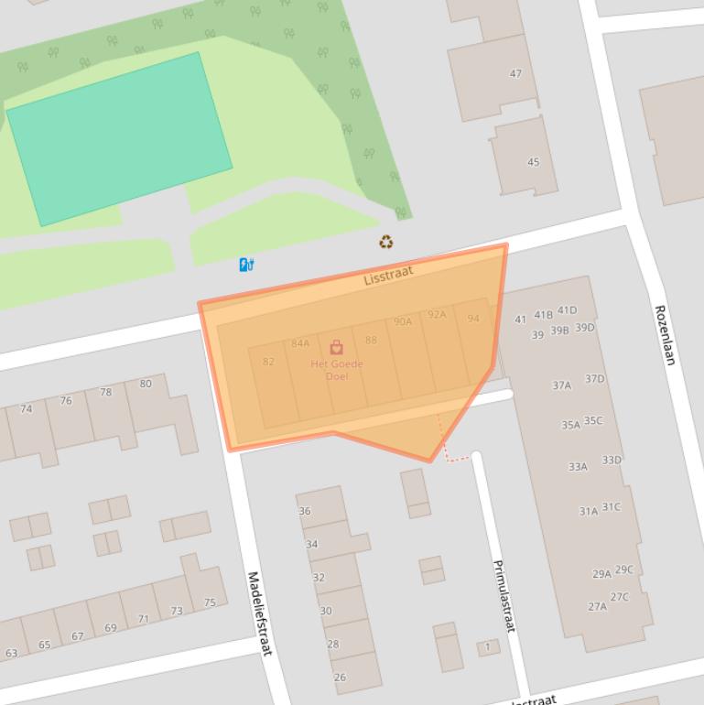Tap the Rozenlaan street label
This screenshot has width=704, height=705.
point(665,335)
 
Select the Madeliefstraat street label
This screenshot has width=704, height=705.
point(260,613)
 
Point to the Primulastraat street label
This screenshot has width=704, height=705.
point(504,596)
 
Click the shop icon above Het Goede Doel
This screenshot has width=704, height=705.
point(337,347)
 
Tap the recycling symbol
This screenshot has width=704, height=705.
point(386,242)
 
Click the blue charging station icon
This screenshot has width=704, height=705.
point(245,265)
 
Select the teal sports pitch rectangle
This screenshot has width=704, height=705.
point(119,138)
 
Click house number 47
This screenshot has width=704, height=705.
point(515,73)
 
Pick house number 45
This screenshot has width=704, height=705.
point(533,162)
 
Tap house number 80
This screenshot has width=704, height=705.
point(146,384)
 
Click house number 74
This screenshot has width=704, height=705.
point(26,408)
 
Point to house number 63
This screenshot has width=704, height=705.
point(11,653)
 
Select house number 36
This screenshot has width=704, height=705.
point(305,511)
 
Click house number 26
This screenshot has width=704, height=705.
point(340,677)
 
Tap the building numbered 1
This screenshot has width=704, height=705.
point(488,647)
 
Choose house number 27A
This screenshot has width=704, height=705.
point(597,605)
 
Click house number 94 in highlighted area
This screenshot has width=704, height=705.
point(473,319)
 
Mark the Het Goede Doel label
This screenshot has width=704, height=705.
point(337,370)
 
